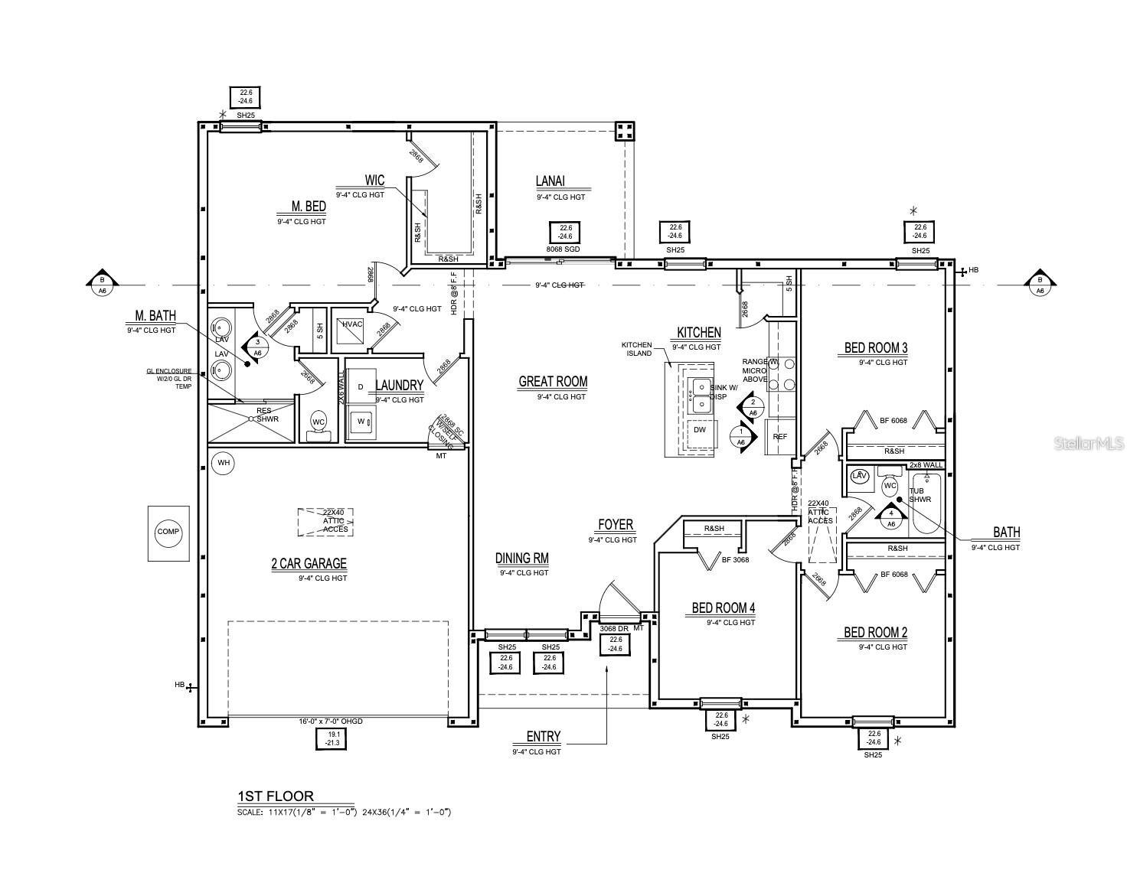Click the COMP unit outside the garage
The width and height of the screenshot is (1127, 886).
168,533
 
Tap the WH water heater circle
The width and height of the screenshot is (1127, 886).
223,463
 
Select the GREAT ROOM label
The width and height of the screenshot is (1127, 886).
553,382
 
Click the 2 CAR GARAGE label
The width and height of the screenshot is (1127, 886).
309,564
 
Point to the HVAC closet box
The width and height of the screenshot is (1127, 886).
353,324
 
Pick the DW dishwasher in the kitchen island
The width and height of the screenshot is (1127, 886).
700,430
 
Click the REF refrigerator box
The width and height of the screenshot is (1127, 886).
779,437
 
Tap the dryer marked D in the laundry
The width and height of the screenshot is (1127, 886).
361,387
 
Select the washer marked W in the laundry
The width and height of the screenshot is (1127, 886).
361,422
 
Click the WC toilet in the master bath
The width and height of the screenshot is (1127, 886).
318,423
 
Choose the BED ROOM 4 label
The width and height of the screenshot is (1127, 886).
723,608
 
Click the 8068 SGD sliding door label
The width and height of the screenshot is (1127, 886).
565,249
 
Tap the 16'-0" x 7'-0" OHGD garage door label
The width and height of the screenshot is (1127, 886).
331,722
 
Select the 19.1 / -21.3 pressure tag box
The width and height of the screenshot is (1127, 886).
332,738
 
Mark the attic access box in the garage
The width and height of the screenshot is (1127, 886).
325,521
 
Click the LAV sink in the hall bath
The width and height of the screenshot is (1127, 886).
859,476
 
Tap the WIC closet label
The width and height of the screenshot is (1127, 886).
374,181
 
